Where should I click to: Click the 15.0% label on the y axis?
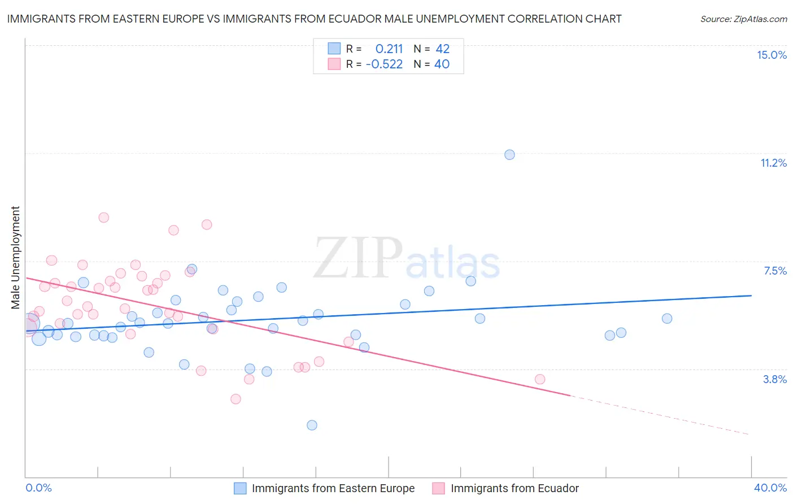point(771,55)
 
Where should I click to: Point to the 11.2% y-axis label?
point(773,163)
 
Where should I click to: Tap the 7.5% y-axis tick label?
point(775,271)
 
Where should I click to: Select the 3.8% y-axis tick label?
point(775,379)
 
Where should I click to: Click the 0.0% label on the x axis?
point(38,488)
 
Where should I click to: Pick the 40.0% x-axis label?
point(770,488)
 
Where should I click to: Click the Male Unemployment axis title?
point(15,257)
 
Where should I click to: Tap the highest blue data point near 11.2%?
point(509,155)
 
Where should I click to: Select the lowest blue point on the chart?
point(312,425)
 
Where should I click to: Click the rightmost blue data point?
point(667,319)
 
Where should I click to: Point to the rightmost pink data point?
point(540,379)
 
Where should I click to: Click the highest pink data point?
point(103,218)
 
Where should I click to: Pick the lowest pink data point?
point(235,399)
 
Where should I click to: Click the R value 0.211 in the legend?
point(389,49)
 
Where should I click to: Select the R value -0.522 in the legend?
point(384,64)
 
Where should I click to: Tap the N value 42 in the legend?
point(442,49)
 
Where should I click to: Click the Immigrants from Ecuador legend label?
point(514,488)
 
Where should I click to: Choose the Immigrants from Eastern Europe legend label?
point(333,488)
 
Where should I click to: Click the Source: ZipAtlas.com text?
point(743,19)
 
